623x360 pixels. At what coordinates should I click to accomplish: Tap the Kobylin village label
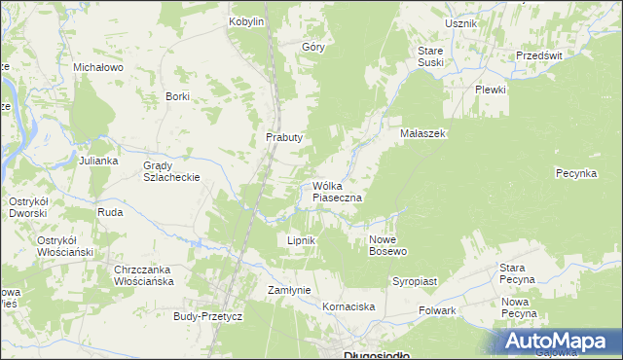(246, 21)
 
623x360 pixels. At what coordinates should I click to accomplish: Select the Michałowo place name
(97, 67)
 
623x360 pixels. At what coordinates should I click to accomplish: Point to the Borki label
(177, 96)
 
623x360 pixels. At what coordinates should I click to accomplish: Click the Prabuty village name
(284, 137)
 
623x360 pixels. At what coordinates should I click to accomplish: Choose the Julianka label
(98, 160)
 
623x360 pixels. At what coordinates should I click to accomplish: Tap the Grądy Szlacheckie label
(171, 171)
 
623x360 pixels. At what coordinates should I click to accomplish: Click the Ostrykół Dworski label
(29, 207)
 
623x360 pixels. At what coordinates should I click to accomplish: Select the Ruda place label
(109, 211)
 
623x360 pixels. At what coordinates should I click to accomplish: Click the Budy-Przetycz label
(207, 316)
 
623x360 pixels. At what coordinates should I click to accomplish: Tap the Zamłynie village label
(288, 290)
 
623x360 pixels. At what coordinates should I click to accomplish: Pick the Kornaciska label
(348, 306)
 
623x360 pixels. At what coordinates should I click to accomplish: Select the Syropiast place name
(415, 280)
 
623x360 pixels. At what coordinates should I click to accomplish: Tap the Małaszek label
(422, 134)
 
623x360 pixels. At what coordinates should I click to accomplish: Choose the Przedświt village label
(540, 55)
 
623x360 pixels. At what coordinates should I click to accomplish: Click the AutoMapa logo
(562, 342)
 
